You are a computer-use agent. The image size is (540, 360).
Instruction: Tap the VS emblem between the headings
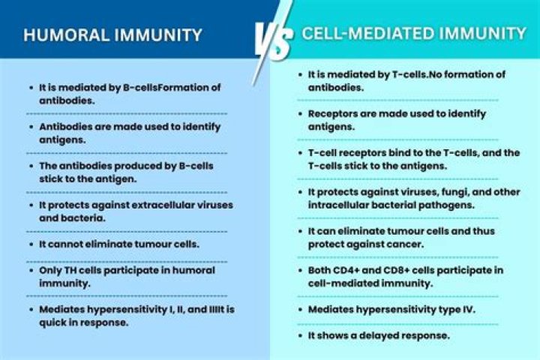271,39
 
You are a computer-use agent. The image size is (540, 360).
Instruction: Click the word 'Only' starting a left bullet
52,270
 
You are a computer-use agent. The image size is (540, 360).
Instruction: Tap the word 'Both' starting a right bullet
321,270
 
